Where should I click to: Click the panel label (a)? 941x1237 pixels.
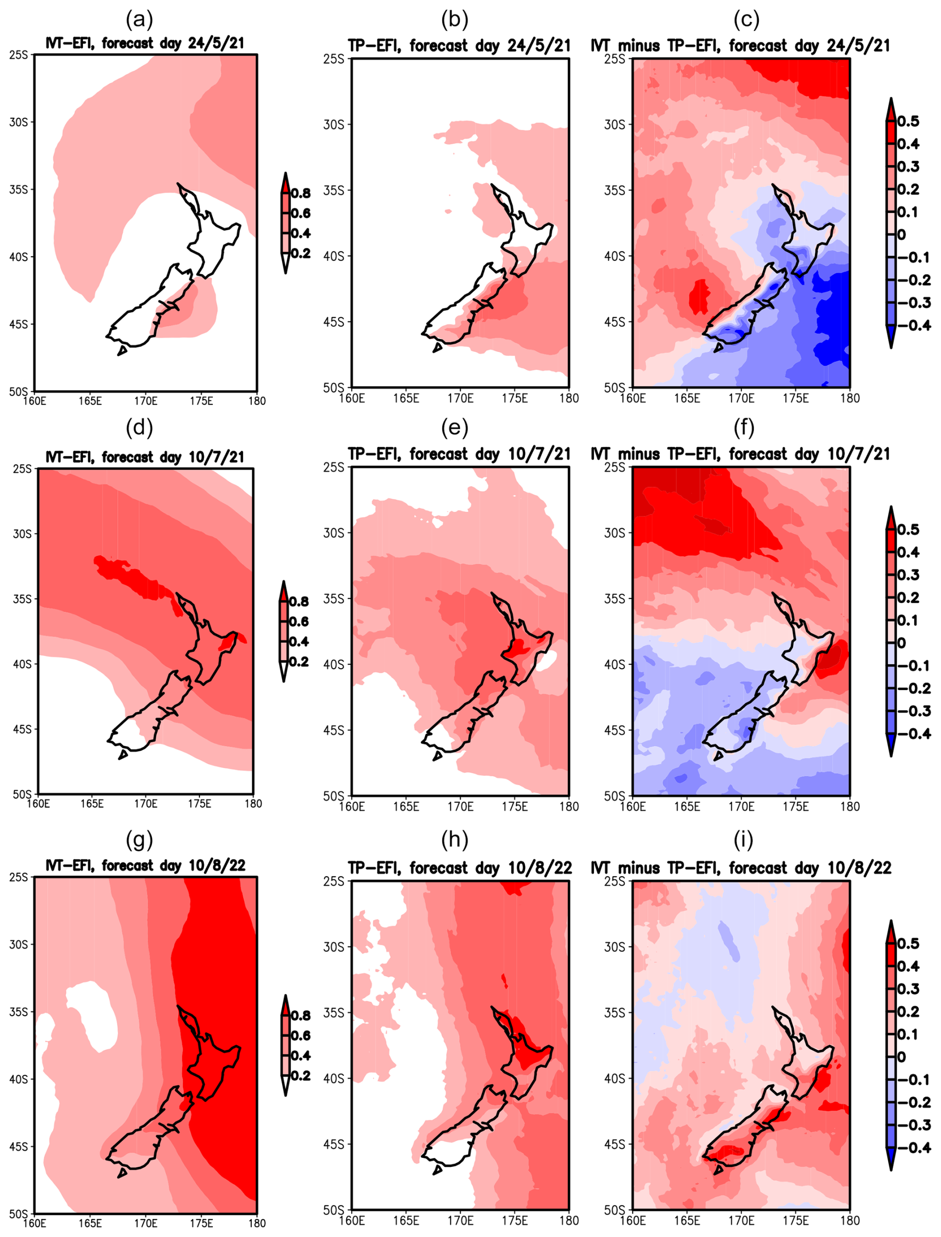point(139,20)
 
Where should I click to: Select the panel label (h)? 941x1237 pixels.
point(454,840)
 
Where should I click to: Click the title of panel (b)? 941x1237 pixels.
point(459,46)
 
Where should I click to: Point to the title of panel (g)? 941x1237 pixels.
point(146,866)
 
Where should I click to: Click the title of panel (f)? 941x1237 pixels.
point(741,454)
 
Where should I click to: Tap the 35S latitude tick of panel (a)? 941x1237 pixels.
point(18,190)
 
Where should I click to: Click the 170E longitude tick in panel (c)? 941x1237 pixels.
point(741,399)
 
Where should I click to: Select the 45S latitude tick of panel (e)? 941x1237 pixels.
point(333,730)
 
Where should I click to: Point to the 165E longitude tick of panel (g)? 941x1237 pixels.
point(90,1223)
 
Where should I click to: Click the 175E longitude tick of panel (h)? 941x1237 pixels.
point(514,1220)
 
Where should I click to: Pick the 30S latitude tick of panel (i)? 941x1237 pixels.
point(614,947)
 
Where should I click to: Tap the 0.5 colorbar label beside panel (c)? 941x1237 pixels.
point(908,121)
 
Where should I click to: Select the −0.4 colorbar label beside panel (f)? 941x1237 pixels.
point(914,734)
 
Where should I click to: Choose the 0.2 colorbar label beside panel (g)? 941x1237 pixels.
point(301,1076)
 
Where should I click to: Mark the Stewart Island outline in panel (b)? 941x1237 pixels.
point(438,348)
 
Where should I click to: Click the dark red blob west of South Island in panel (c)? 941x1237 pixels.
point(698,297)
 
